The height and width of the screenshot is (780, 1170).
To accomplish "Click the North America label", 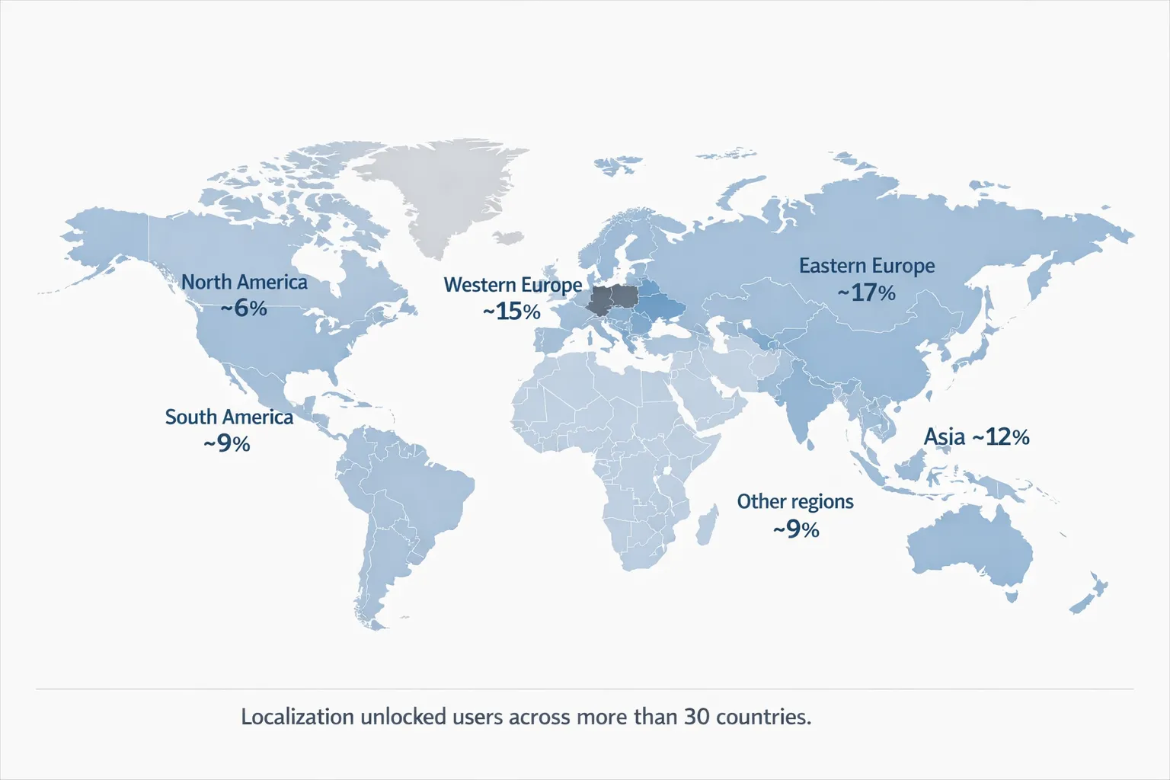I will [244, 282].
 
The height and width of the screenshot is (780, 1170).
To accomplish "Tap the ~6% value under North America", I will [244, 308].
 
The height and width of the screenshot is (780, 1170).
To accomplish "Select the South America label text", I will [229, 417].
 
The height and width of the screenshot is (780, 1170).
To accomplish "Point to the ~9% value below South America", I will [227, 443].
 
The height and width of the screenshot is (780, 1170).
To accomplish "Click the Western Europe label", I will [513, 285].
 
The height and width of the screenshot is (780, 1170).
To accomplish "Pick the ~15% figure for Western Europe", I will [512, 311].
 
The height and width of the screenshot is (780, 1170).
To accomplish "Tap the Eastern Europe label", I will [867, 266].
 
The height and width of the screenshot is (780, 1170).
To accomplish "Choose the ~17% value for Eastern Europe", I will [867, 292].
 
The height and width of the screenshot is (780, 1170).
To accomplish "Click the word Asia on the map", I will [945, 436].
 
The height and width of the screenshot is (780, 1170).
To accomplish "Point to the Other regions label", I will [795, 501].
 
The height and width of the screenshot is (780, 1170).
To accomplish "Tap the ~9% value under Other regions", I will [796, 529].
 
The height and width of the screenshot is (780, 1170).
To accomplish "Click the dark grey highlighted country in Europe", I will [610, 300].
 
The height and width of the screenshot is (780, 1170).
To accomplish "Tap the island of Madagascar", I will [707, 526].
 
